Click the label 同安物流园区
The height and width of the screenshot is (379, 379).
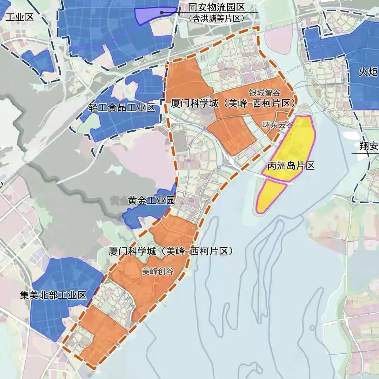point(216,7)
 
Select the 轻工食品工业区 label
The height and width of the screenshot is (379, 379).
point(122,107)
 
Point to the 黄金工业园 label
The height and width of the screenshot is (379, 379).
point(151,201)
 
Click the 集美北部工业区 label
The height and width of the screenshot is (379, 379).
point(53,295)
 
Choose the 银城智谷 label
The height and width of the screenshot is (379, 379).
point(265,93)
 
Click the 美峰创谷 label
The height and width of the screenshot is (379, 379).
point(158,271)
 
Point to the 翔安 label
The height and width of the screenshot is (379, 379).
point(368,146)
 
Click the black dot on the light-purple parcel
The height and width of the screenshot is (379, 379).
point(162,13)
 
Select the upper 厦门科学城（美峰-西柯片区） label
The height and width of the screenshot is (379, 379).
point(232,104)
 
